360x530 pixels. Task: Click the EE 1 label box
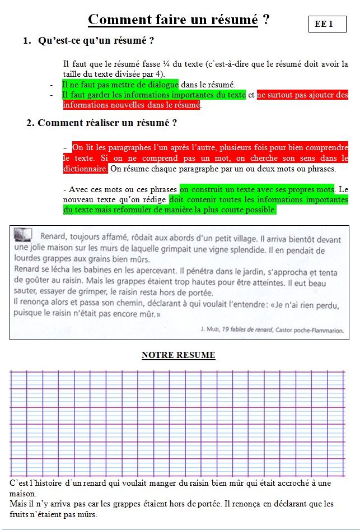(328, 25)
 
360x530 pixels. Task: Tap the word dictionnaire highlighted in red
(85, 168)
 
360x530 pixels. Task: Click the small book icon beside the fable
(22, 234)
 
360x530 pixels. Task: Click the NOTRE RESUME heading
(178, 355)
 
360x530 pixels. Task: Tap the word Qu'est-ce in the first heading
(62, 40)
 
